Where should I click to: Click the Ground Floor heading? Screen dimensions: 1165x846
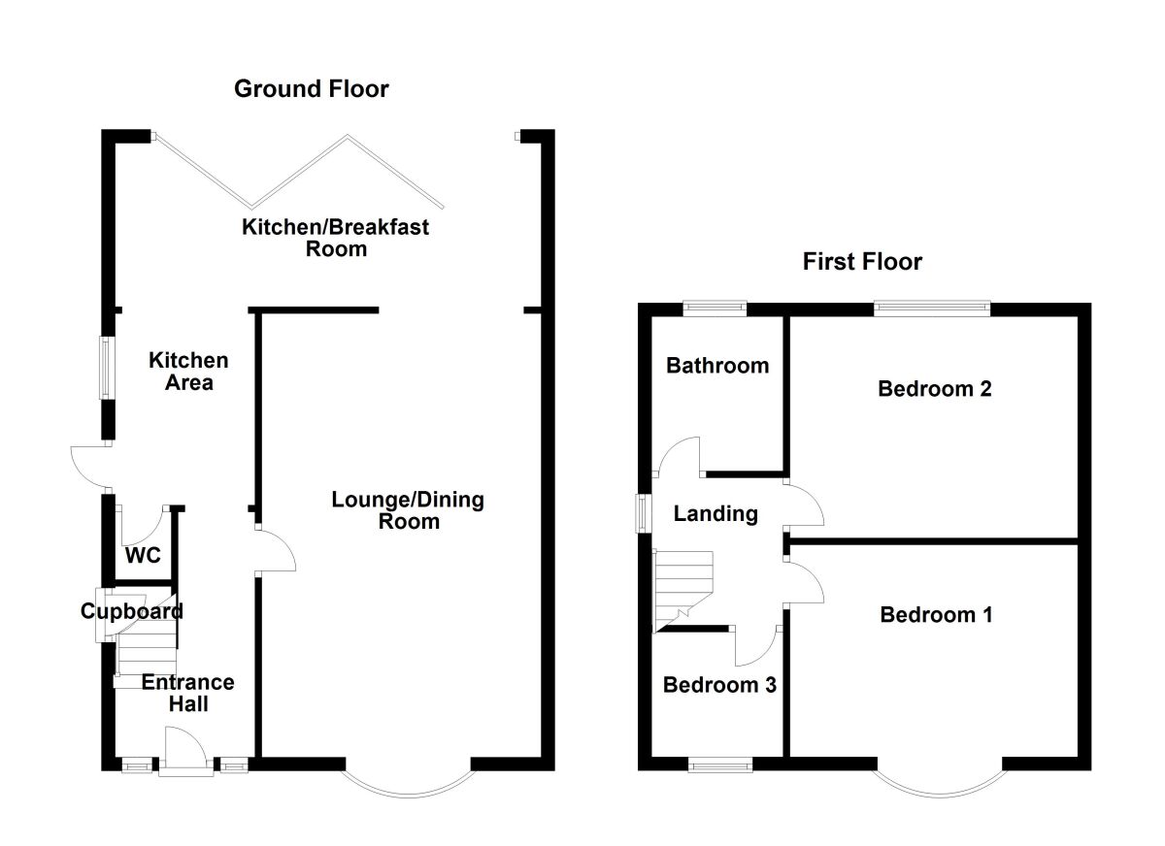311,89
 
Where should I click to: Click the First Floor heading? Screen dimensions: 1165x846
862,261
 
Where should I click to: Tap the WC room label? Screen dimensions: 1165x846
143,556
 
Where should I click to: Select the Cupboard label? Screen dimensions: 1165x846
132,611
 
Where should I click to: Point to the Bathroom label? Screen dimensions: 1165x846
717,366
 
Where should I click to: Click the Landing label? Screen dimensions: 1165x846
716,514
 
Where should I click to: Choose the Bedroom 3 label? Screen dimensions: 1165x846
719,685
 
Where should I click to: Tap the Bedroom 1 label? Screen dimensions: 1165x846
936,615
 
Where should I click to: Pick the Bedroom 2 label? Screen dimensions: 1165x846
935,389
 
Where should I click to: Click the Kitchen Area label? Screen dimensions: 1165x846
188,372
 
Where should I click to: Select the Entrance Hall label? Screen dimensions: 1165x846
188,694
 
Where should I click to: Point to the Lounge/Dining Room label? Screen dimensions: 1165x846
409,510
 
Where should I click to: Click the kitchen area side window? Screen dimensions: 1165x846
107,368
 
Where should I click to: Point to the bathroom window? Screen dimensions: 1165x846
715,309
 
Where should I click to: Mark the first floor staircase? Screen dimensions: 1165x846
682,592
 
